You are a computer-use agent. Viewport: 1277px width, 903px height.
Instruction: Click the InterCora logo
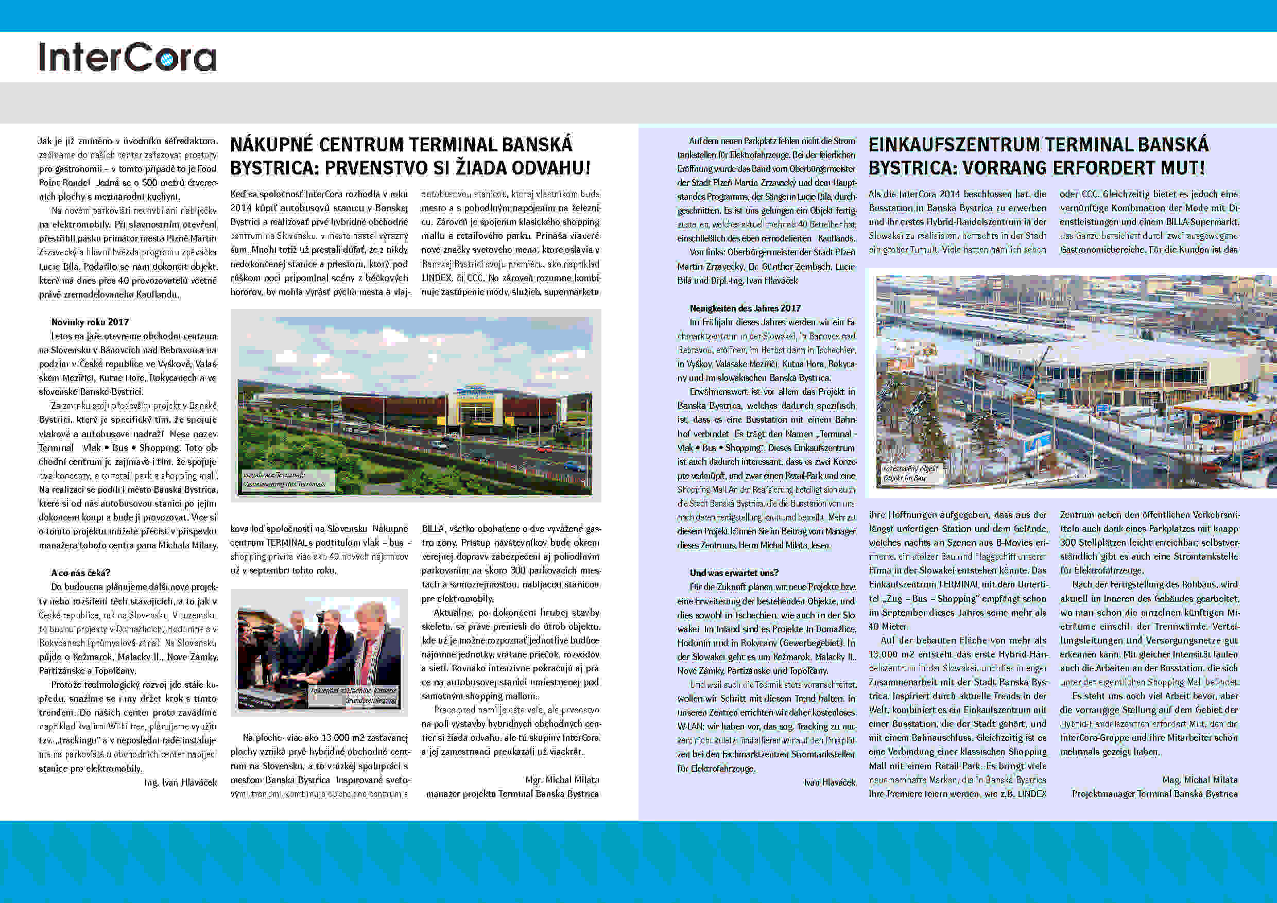click(x=127, y=57)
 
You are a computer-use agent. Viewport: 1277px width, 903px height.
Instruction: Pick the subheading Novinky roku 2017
click(x=90, y=322)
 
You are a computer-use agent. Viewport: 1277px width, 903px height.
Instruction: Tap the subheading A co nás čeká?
click(x=81, y=572)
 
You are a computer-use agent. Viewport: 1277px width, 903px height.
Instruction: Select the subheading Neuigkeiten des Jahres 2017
click(x=745, y=308)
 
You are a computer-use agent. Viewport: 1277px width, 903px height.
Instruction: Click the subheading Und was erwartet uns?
click(x=734, y=572)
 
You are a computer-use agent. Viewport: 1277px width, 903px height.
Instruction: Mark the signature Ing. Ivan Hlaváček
click(x=180, y=783)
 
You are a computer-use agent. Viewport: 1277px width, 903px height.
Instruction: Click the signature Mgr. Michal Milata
click(x=562, y=779)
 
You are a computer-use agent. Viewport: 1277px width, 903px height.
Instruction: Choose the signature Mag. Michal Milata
click(x=1200, y=779)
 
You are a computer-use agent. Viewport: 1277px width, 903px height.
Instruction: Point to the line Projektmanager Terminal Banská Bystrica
click(x=1154, y=793)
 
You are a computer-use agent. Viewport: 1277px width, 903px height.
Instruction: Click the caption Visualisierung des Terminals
click(x=284, y=484)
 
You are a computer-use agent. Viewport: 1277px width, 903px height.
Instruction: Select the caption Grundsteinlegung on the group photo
click(x=371, y=701)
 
